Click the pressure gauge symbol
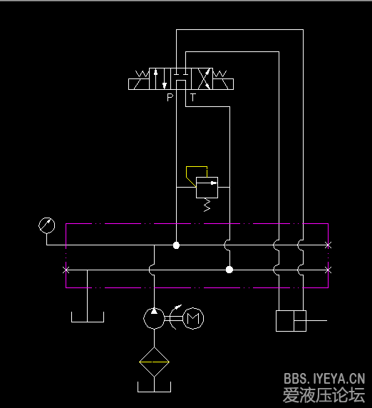[x=47, y=225]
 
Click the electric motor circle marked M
[x=193, y=318]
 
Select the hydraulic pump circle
[x=154, y=318]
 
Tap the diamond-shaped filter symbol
[x=155, y=362]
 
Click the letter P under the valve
[x=170, y=97]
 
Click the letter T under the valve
[x=192, y=97]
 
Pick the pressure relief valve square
[x=207, y=188]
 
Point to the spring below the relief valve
[x=207, y=205]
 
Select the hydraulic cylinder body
[x=291, y=321]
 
